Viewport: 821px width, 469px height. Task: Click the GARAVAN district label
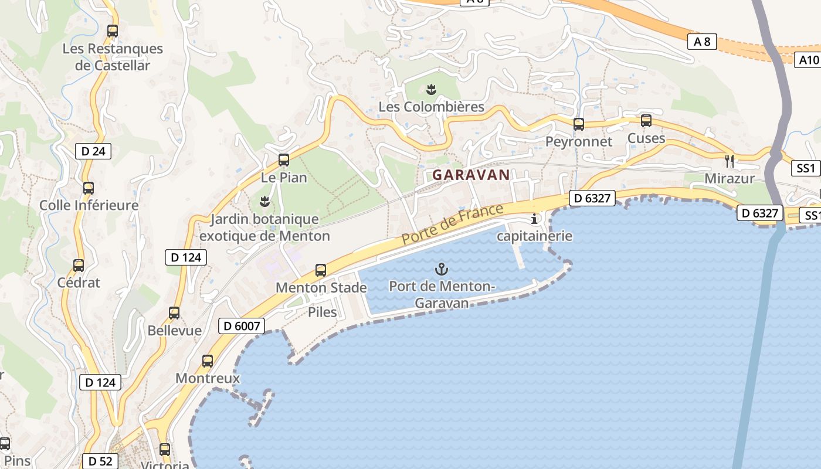coord(471,175)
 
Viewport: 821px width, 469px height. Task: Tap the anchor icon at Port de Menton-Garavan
coord(441,269)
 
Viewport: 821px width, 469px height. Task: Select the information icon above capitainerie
coord(534,219)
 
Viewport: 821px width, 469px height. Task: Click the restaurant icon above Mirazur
coord(730,160)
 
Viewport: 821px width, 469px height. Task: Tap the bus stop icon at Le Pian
coord(284,159)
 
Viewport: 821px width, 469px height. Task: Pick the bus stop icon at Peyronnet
coord(579,124)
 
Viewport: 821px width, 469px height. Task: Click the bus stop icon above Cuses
coord(646,121)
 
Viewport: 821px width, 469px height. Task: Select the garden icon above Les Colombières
coord(431,89)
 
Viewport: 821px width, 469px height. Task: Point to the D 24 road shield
coord(93,151)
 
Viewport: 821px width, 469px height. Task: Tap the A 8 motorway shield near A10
coord(702,42)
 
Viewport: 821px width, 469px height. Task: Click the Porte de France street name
coord(453,225)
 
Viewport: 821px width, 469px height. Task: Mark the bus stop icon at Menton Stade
coord(321,270)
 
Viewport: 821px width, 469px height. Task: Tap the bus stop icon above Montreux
coord(208,361)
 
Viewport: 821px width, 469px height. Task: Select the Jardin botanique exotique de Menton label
coord(264,227)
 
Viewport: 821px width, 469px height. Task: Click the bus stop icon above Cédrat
coord(79,265)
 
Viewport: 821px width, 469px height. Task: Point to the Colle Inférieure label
coord(89,205)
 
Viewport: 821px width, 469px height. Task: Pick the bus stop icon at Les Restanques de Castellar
coord(113,31)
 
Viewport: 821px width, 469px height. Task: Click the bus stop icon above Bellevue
coord(174,313)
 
